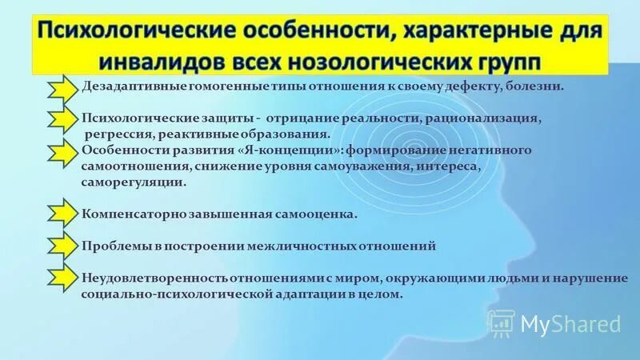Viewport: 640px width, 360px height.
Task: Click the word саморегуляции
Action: point(133,182)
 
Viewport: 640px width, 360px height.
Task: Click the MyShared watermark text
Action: point(570,324)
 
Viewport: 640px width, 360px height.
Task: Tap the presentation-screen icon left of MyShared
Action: point(500,323)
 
